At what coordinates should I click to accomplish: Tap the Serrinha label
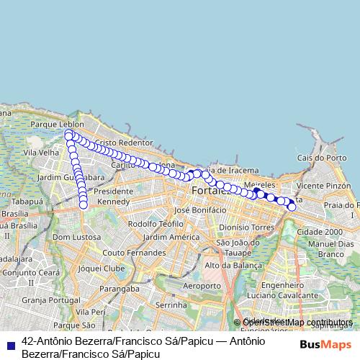point(171,305)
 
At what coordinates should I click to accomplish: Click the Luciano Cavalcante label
point(278,296)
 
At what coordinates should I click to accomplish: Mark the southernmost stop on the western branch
point(83,204)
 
